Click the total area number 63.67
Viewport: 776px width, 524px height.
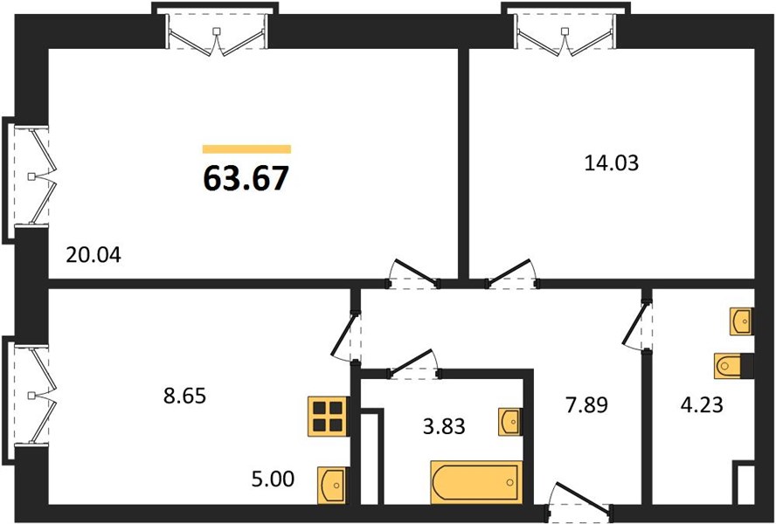[246, 178]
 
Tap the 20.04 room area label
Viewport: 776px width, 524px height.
[93, 256]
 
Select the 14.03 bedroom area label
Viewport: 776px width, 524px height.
[612, 162]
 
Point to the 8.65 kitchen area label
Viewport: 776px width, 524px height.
[184, 396]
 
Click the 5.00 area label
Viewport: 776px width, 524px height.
[273, 479]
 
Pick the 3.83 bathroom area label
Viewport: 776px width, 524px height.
[444, 425]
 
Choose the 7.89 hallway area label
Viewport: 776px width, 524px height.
[586, 405]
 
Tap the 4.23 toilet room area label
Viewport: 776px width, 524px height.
[701, 404]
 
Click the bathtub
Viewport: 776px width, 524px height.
[476, 482]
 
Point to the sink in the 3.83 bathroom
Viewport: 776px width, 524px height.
[509, 422]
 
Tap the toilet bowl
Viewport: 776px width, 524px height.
[733, 366]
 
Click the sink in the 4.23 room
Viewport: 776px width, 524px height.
[742, 321]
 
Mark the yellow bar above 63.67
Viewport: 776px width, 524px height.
[246, 149]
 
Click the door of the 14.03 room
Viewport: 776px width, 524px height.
[512, 273]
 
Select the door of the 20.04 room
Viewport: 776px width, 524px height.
[413, 273]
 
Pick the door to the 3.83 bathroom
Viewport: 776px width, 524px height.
[413, 364]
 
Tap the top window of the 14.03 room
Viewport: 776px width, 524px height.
[565, 31]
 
